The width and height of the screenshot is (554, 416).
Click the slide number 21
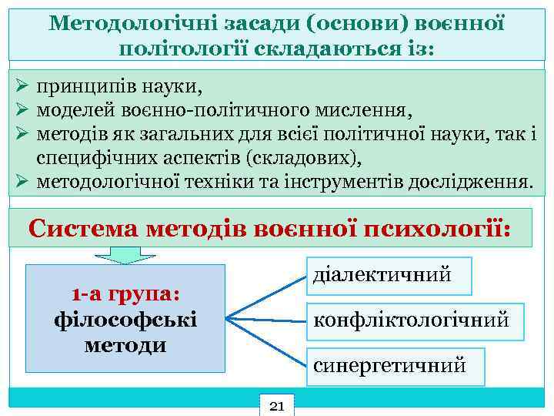click(278, 404)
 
